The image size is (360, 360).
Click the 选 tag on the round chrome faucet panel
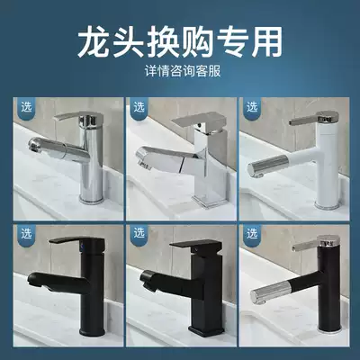(x=22, y=106)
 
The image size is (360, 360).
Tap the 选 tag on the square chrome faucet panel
(x=138, y=106)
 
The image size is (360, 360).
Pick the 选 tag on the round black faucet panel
(x=22, y=232)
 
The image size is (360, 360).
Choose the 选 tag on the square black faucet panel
(x=138, y=232)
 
